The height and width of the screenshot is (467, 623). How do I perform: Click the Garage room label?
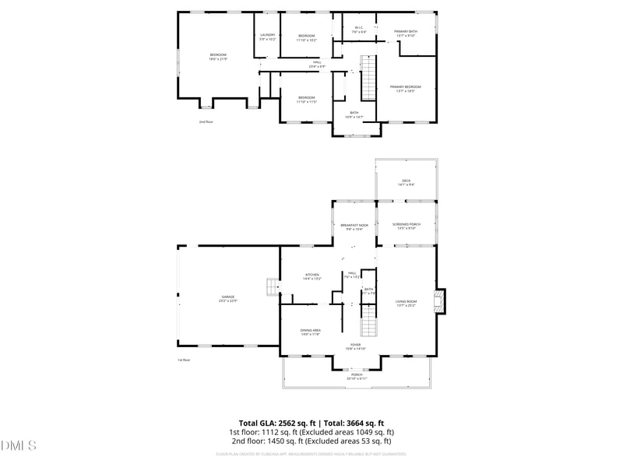point(227,298)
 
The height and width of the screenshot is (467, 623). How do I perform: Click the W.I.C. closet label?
point(359,30)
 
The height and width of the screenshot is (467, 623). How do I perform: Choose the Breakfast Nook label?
point(354,226)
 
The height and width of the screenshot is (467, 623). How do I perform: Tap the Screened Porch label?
point(406,226)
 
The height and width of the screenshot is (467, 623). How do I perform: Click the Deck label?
point(406,182)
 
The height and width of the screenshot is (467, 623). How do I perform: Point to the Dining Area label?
point(311,332)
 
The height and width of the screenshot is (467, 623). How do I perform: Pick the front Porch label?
point(357,376)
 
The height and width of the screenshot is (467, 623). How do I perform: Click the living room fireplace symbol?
point(441,301)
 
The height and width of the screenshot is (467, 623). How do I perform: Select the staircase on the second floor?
point(368,75)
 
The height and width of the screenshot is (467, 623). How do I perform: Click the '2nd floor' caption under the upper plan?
point(206,121)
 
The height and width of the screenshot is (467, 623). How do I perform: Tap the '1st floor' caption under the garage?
point(184,360)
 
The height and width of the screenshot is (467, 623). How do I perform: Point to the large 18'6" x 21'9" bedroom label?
point(217,57)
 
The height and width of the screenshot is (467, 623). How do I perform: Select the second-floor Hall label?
point(317,64)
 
